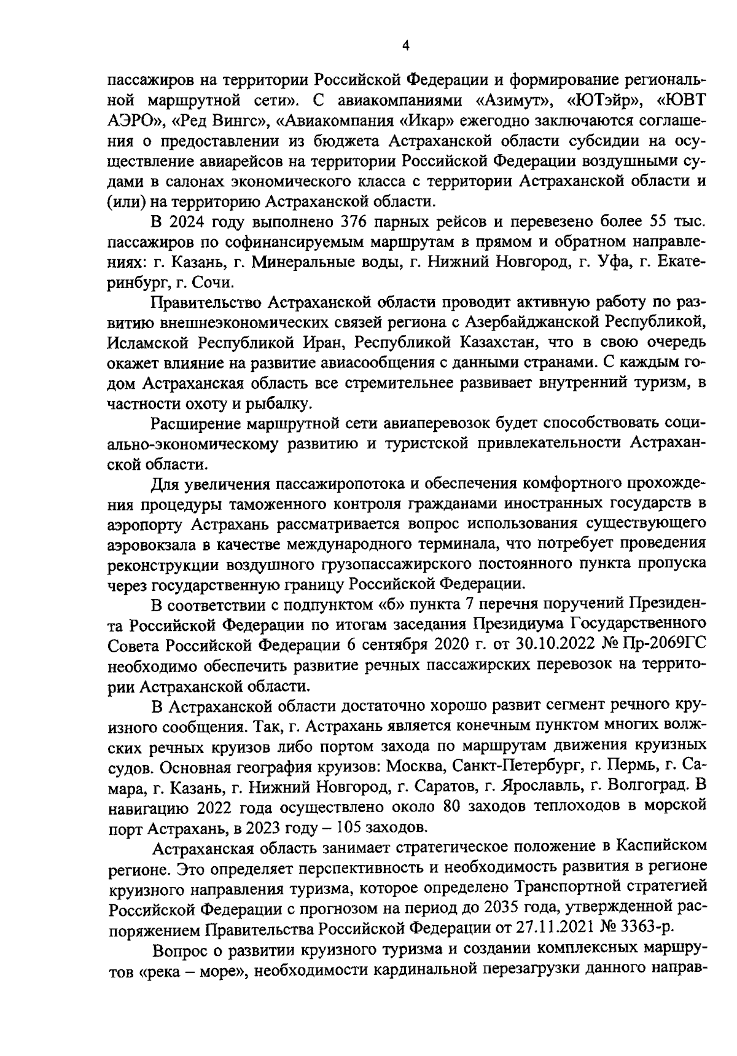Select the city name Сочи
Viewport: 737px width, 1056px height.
211,282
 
